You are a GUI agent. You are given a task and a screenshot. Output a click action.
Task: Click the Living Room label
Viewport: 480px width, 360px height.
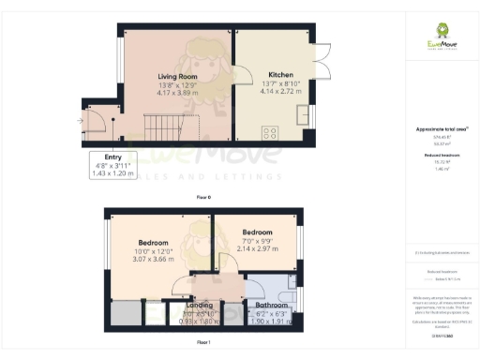coord(176,77)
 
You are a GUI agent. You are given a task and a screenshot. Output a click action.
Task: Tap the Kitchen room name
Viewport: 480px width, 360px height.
coord(281,74)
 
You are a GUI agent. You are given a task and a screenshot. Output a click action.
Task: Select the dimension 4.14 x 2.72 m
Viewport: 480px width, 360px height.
coord(281,91)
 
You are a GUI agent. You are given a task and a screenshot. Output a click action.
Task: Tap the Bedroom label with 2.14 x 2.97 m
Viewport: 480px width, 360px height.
coord(258,232)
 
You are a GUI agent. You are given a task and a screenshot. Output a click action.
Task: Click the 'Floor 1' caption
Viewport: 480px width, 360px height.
coord(202,344)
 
